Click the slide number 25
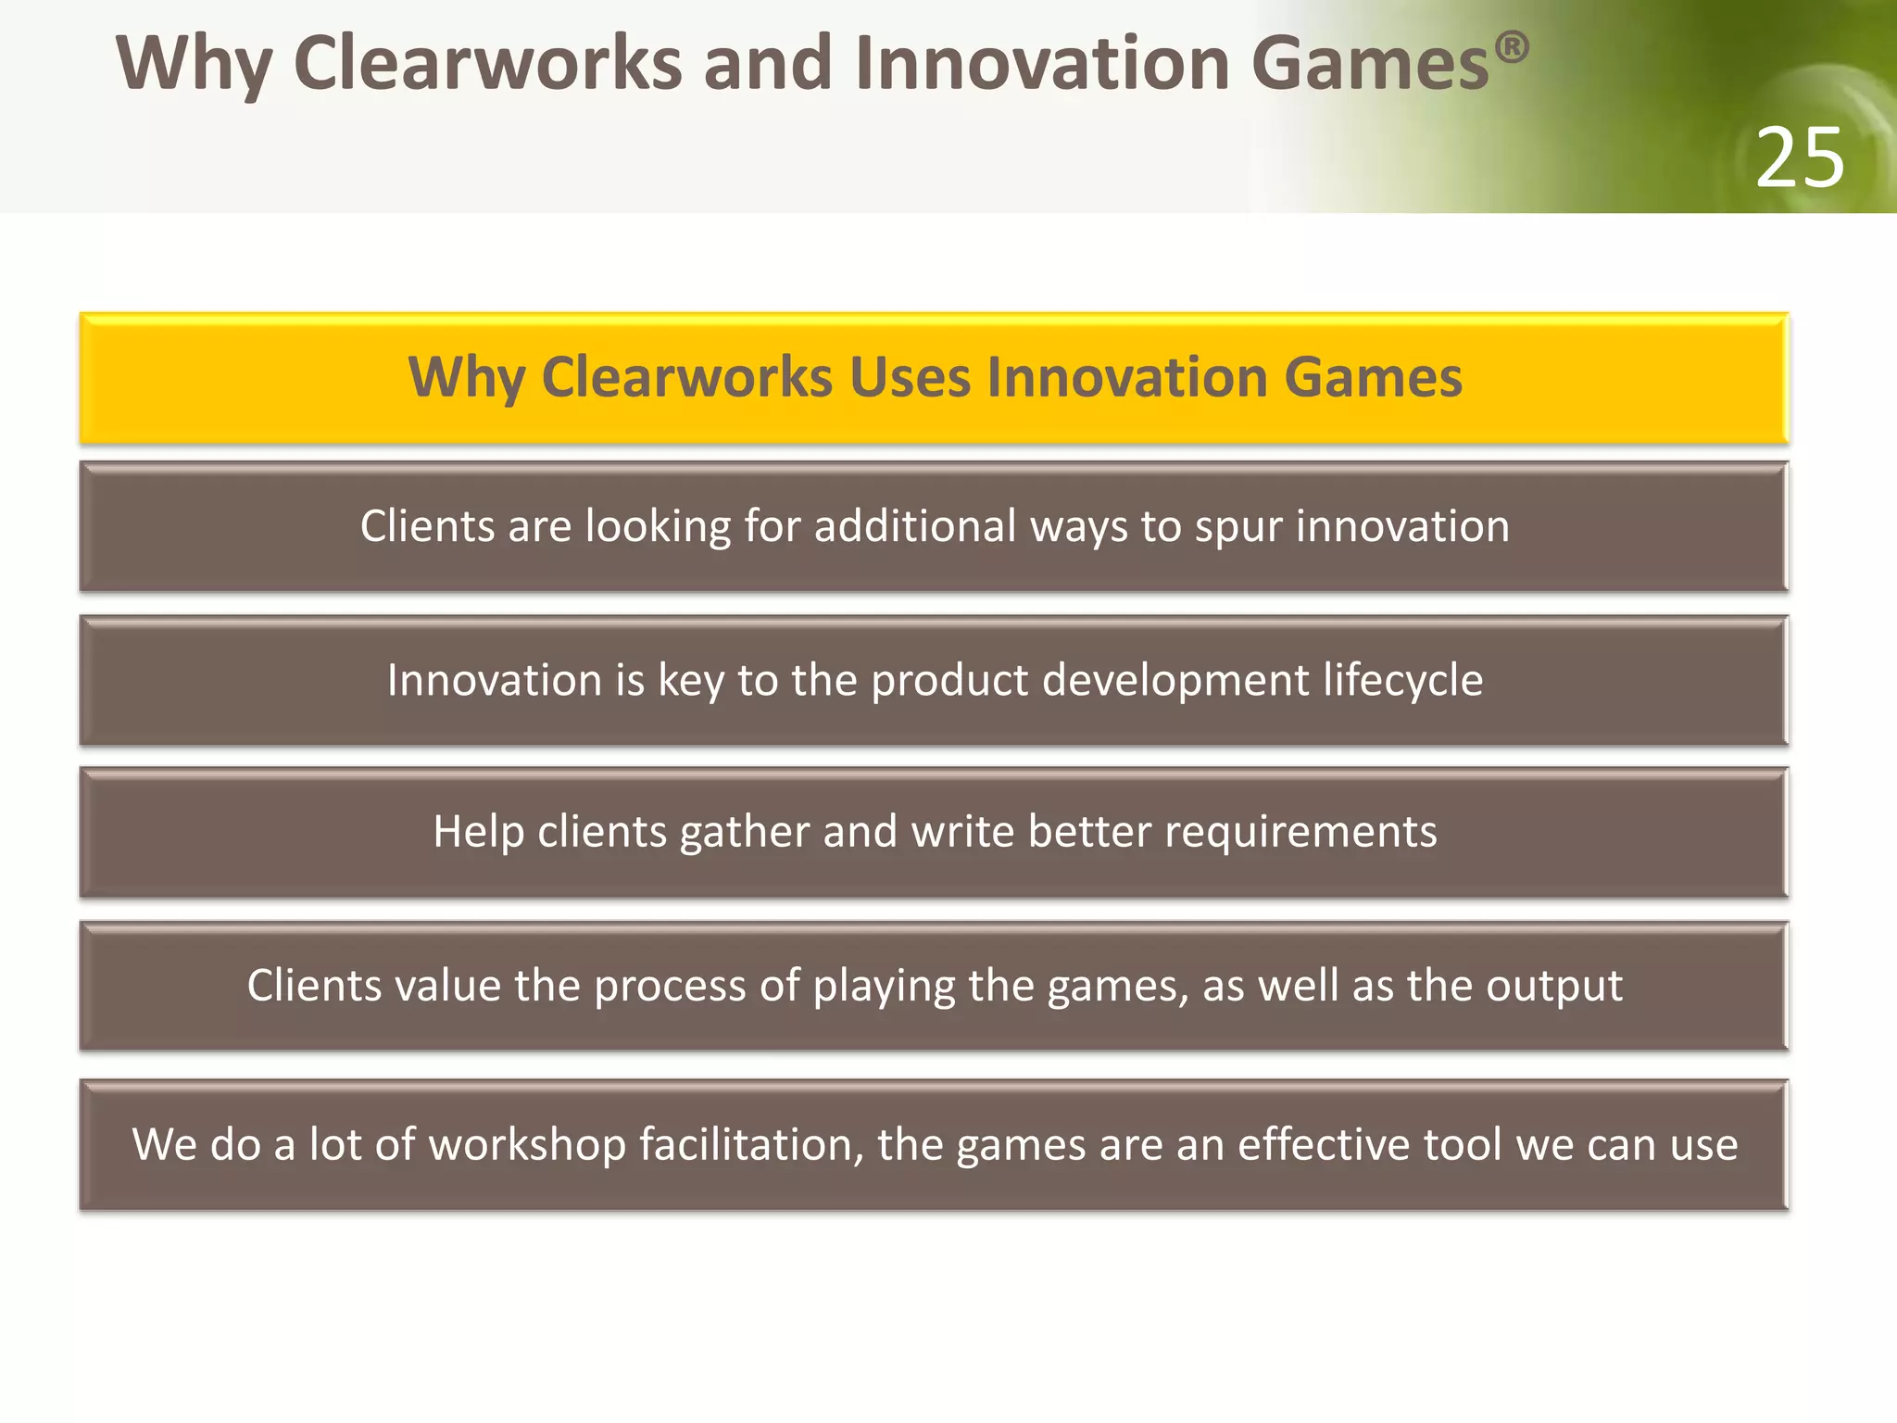1799,158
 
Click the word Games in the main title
1370,64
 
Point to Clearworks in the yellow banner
686,378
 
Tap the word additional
915,526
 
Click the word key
691,681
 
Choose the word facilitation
751,1145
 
